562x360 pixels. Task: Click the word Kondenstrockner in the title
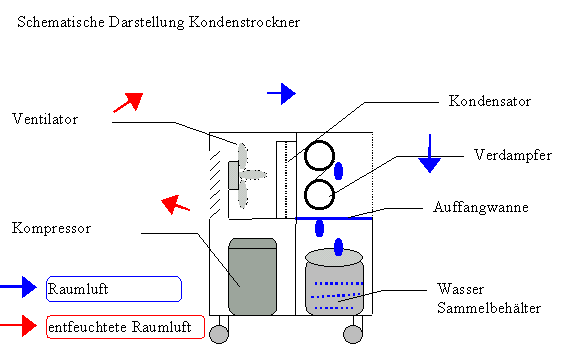pyautogui.click(x=244, y=22)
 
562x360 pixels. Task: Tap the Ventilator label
pyautogui.click(x=45, y=119)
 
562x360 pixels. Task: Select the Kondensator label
pyautogui.click(x=490, y=101)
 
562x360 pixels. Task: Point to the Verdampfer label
pyautogui.click(x=513, y=155)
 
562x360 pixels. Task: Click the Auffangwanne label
pyautogui.click(x=481, y=207)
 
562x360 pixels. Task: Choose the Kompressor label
pyautogui.click(x=51, y=228)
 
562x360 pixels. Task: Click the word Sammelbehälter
pyautogui.click(x=489, y=308)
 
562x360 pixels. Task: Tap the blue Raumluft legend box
pyautogui.click(x=114, y=289)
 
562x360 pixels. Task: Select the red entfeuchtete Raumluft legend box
pyautogui.click(x=125, y=327)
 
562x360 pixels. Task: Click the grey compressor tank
pyautogui.click(x=252, y=276)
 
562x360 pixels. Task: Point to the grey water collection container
pyautogui.click(x=334, y=283)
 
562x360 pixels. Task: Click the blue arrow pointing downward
pyautogui.click(x=429, y=153)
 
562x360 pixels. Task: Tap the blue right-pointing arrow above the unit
pyautogui.click(x=281, y=94)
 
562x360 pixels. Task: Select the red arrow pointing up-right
pyautogui.click(x=128, y=102)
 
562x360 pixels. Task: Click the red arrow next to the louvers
pyautogui.click(x=175, y=204)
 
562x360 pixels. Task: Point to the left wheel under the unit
pyautogui.click(x=219, y=334)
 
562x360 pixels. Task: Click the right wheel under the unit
pyautogui.click(x=353, y=334)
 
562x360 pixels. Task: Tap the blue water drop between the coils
pyautogui.click(x=338, y=171)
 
